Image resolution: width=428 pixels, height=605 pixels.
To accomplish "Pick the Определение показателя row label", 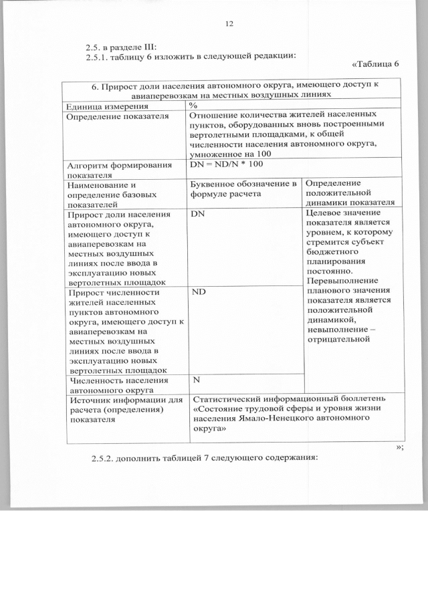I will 106,116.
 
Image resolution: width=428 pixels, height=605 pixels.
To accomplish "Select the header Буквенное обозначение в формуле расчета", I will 243,189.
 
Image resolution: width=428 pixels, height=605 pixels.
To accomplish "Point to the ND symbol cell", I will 198,292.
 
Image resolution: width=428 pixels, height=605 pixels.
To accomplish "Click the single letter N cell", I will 197,380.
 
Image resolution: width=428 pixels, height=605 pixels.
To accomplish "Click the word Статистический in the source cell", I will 225,399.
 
